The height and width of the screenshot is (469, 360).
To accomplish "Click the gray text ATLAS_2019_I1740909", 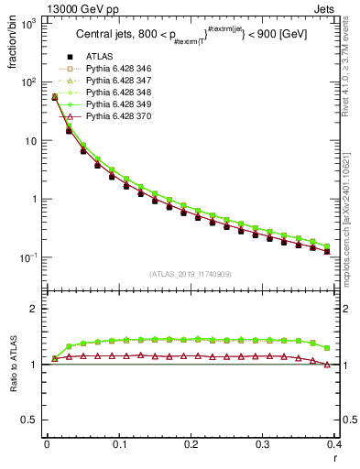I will point(191,273).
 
